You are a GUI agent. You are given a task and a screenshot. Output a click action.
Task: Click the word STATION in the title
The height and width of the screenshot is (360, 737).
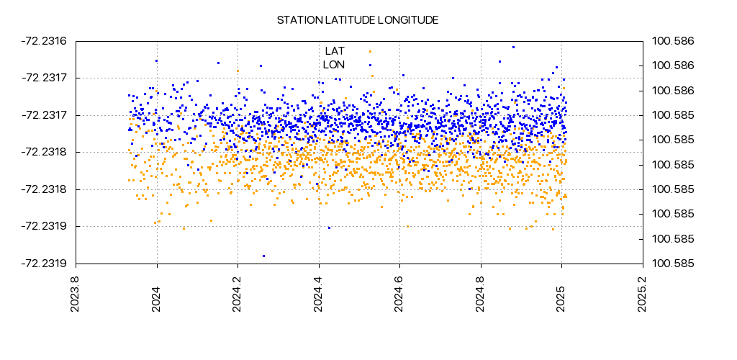[x=297, y=20]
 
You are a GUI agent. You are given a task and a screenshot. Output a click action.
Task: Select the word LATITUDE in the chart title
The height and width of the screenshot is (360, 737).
[x=347, y=20]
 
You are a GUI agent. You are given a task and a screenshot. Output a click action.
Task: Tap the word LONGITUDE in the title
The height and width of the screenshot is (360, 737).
[x=407, y=20]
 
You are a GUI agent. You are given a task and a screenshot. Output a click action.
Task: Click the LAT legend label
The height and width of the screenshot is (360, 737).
[x=335, y=51]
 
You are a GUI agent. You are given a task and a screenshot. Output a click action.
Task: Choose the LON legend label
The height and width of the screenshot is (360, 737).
[x=334, y=64]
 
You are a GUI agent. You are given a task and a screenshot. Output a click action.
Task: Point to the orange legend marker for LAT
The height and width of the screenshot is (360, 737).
[x=370, y=51]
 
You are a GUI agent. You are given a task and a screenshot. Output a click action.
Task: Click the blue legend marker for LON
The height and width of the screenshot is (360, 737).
[x=370, y=64]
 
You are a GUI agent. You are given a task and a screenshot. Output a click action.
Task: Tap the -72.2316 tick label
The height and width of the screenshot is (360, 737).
[x=45, y=41]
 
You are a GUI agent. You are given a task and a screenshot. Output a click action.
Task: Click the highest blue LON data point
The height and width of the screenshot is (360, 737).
[x=513, y=47]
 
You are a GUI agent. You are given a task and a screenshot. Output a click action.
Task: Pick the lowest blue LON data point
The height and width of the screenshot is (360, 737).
[x=263, y=256]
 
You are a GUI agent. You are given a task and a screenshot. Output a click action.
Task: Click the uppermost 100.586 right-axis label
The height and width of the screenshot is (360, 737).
[x=673, y=41]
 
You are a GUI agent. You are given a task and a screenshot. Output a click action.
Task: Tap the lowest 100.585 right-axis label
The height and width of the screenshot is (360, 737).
[x=673, y=264]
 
